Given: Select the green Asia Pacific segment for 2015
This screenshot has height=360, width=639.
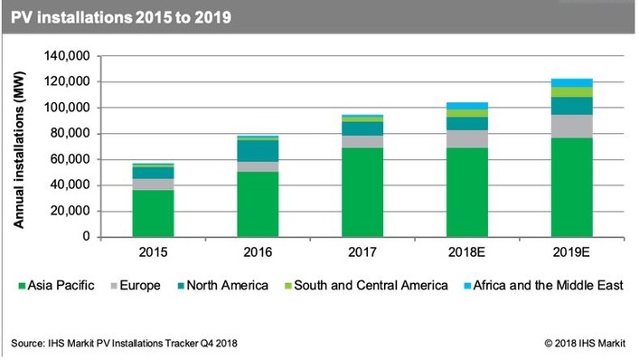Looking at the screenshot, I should click(153, 213).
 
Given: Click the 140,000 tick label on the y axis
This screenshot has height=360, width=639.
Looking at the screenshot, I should click(66, 56).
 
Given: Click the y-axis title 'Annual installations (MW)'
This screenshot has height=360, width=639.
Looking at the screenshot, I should click(20, 147).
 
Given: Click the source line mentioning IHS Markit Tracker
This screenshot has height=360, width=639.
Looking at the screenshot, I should click(128, 343).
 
